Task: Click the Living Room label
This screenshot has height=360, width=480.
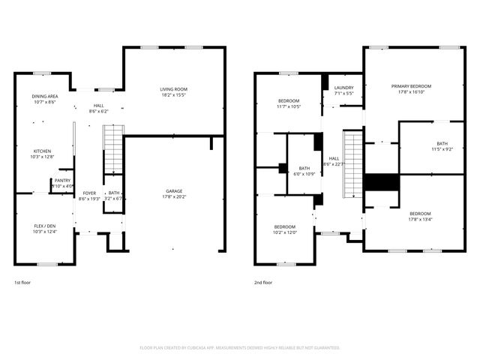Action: [174, 90]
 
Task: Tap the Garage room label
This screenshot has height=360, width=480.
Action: [174, 191]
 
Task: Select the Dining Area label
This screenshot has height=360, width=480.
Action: [45, 96]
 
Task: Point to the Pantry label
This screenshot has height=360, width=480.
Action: [62, 180]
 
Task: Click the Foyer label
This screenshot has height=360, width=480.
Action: [88, 193]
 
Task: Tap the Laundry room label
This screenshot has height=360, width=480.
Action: [343, 88]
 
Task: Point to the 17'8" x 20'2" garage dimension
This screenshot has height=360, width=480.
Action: [174, 197]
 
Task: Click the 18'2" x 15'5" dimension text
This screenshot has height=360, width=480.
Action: [174, 96]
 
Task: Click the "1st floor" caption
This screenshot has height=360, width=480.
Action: [23, 283]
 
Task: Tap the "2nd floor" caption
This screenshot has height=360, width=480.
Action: [263, 283]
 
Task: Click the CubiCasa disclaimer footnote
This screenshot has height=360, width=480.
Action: [240, 348]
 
